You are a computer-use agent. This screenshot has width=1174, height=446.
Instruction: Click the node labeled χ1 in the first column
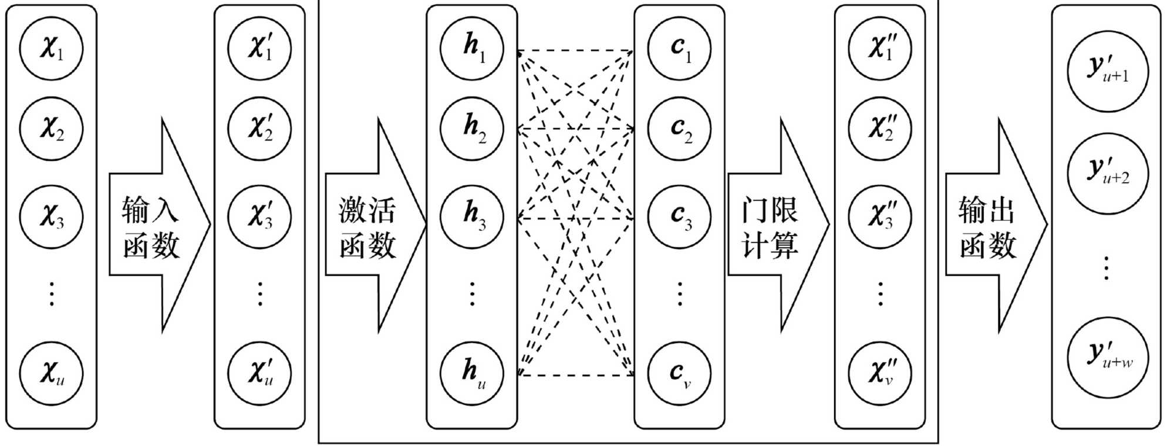51,48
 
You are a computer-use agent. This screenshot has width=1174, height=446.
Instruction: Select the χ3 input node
51,216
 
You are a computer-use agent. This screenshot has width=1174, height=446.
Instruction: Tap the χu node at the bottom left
51,373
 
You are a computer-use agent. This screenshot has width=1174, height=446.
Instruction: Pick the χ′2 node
259,128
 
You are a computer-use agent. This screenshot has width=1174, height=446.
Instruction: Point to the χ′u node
259,373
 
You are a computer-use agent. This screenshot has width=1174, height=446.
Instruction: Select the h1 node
472,48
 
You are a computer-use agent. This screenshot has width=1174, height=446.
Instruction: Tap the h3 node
472,216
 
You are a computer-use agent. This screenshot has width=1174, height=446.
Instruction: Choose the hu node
472,373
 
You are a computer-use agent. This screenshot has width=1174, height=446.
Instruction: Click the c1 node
679,48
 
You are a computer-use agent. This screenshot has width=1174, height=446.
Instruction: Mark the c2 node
679,128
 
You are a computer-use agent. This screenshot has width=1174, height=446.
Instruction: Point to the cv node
679,373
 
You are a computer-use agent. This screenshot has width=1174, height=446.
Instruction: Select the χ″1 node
880,48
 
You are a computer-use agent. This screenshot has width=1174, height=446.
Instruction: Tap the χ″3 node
880,216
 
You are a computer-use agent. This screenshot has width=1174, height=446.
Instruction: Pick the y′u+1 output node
1107,72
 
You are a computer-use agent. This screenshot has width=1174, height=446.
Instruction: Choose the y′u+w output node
1107,357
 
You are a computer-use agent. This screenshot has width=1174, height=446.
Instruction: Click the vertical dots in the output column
1106,268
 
